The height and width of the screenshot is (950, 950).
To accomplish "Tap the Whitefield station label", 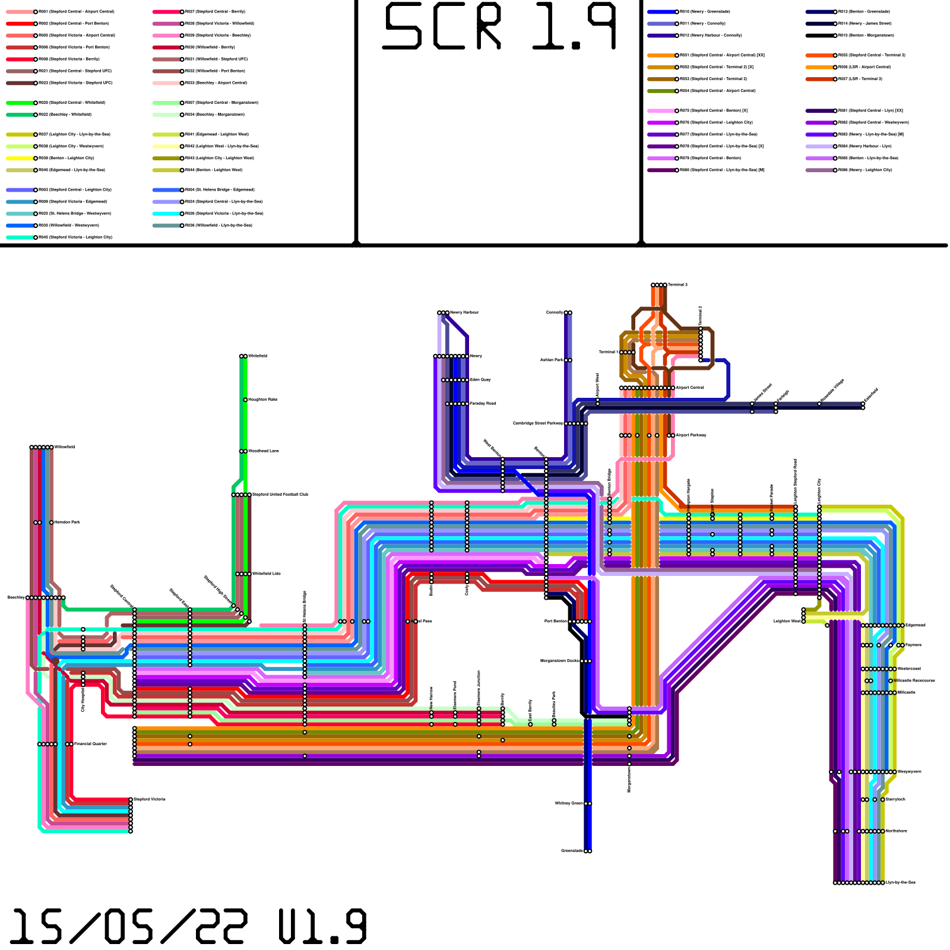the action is [258, 356].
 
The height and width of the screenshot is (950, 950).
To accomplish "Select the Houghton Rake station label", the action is [262, 400].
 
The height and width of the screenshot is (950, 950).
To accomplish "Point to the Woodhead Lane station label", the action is [264, 451].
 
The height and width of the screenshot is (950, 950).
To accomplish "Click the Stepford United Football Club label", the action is [280, 495].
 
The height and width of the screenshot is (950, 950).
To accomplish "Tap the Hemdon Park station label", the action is [68, 522].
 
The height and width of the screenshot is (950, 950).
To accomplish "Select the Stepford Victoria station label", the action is [150, 800].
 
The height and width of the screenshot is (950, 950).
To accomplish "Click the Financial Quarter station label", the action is [90, 744].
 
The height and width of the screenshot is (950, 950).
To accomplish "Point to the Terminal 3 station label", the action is [677, 285].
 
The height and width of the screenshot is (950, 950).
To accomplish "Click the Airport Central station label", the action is [690, 388].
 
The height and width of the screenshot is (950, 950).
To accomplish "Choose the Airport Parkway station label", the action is [691, 435].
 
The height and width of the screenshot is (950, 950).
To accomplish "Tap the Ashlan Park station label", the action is [552, 360].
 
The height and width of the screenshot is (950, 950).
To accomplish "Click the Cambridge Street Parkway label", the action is [538, 423].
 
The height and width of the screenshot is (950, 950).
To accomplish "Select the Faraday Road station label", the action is [483, 404].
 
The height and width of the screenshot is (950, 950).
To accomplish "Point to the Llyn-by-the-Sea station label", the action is [901, 883].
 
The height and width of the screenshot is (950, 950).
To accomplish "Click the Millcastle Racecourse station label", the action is [915, 681].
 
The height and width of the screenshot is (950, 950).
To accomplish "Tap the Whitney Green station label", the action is [569, 803].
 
